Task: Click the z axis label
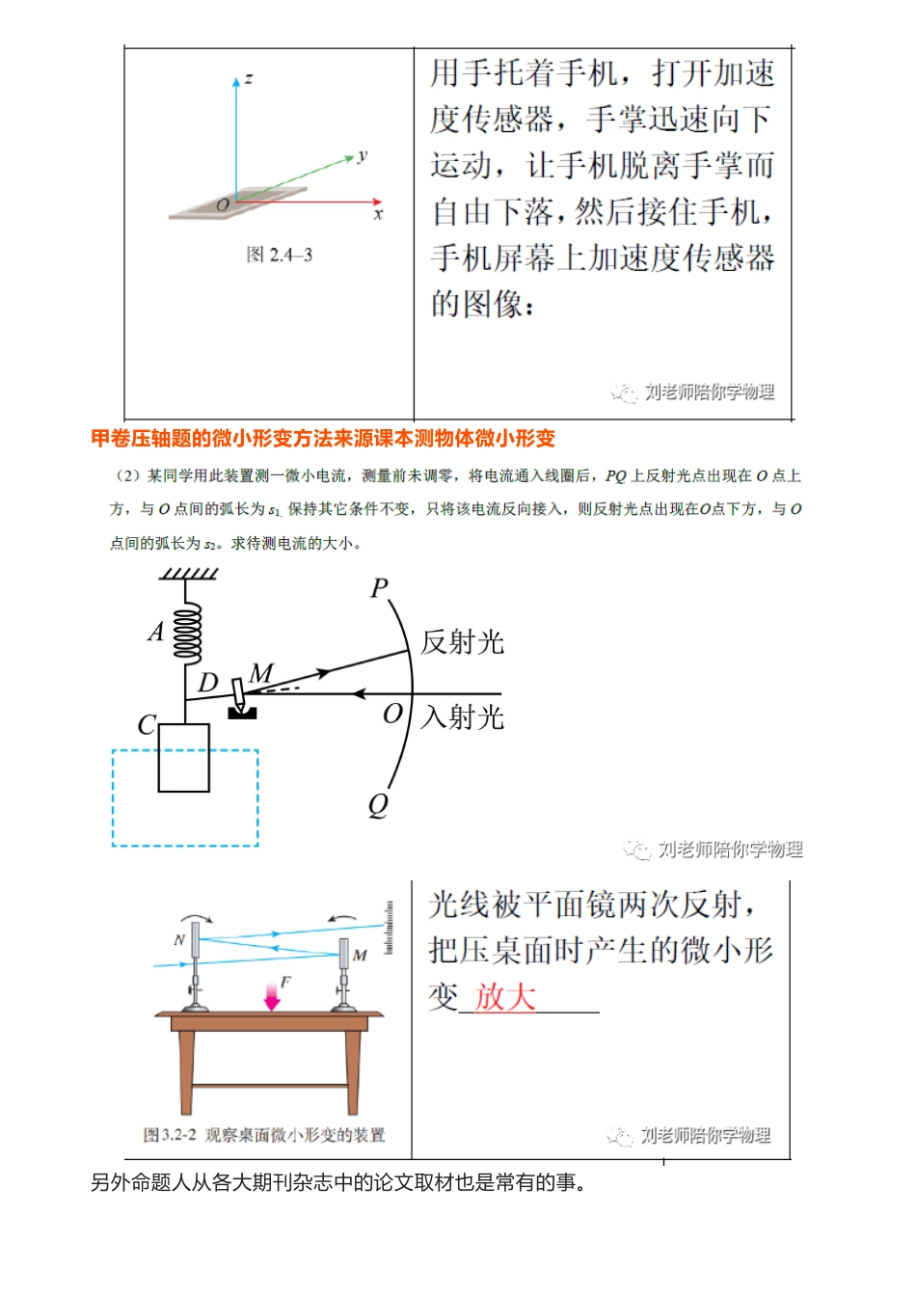[249, 78]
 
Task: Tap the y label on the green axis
[363, 154]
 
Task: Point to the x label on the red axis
[378, 215]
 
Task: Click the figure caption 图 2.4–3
[280, 255]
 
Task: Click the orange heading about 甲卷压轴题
[323, 439]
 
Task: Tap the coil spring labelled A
[186, 633]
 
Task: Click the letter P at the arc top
[379, 588]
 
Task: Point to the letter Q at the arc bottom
[378, 804]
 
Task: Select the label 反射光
[462, 642]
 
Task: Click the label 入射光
[463, 716]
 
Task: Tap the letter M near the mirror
[261, 673]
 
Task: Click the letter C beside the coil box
[147, 724]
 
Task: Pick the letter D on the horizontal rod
[208, 683]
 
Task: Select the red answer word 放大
[504, 996]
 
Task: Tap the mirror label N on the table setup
[179, 940]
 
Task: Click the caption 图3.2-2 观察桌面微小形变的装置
[264, 1135]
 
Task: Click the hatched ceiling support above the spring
[189, 573]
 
